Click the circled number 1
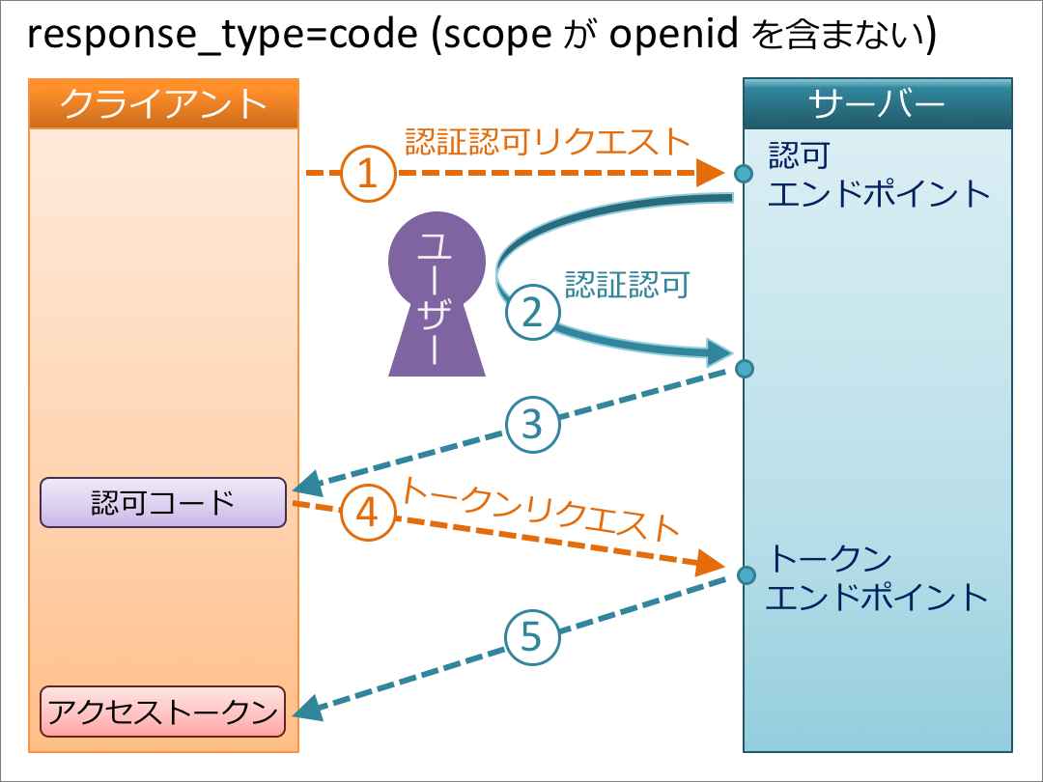(x=368, y=174)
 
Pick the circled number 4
(x=368, y=512)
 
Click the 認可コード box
(x=163, y=502)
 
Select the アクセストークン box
(x=163, y=712)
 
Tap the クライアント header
(x=163, y=103)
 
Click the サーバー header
(x=877, y=103)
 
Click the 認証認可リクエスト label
(x=548, y=142)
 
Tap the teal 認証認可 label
(x=627, y=285)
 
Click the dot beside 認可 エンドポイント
(x=743, y=174)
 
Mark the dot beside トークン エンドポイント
(x=745, y=576)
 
